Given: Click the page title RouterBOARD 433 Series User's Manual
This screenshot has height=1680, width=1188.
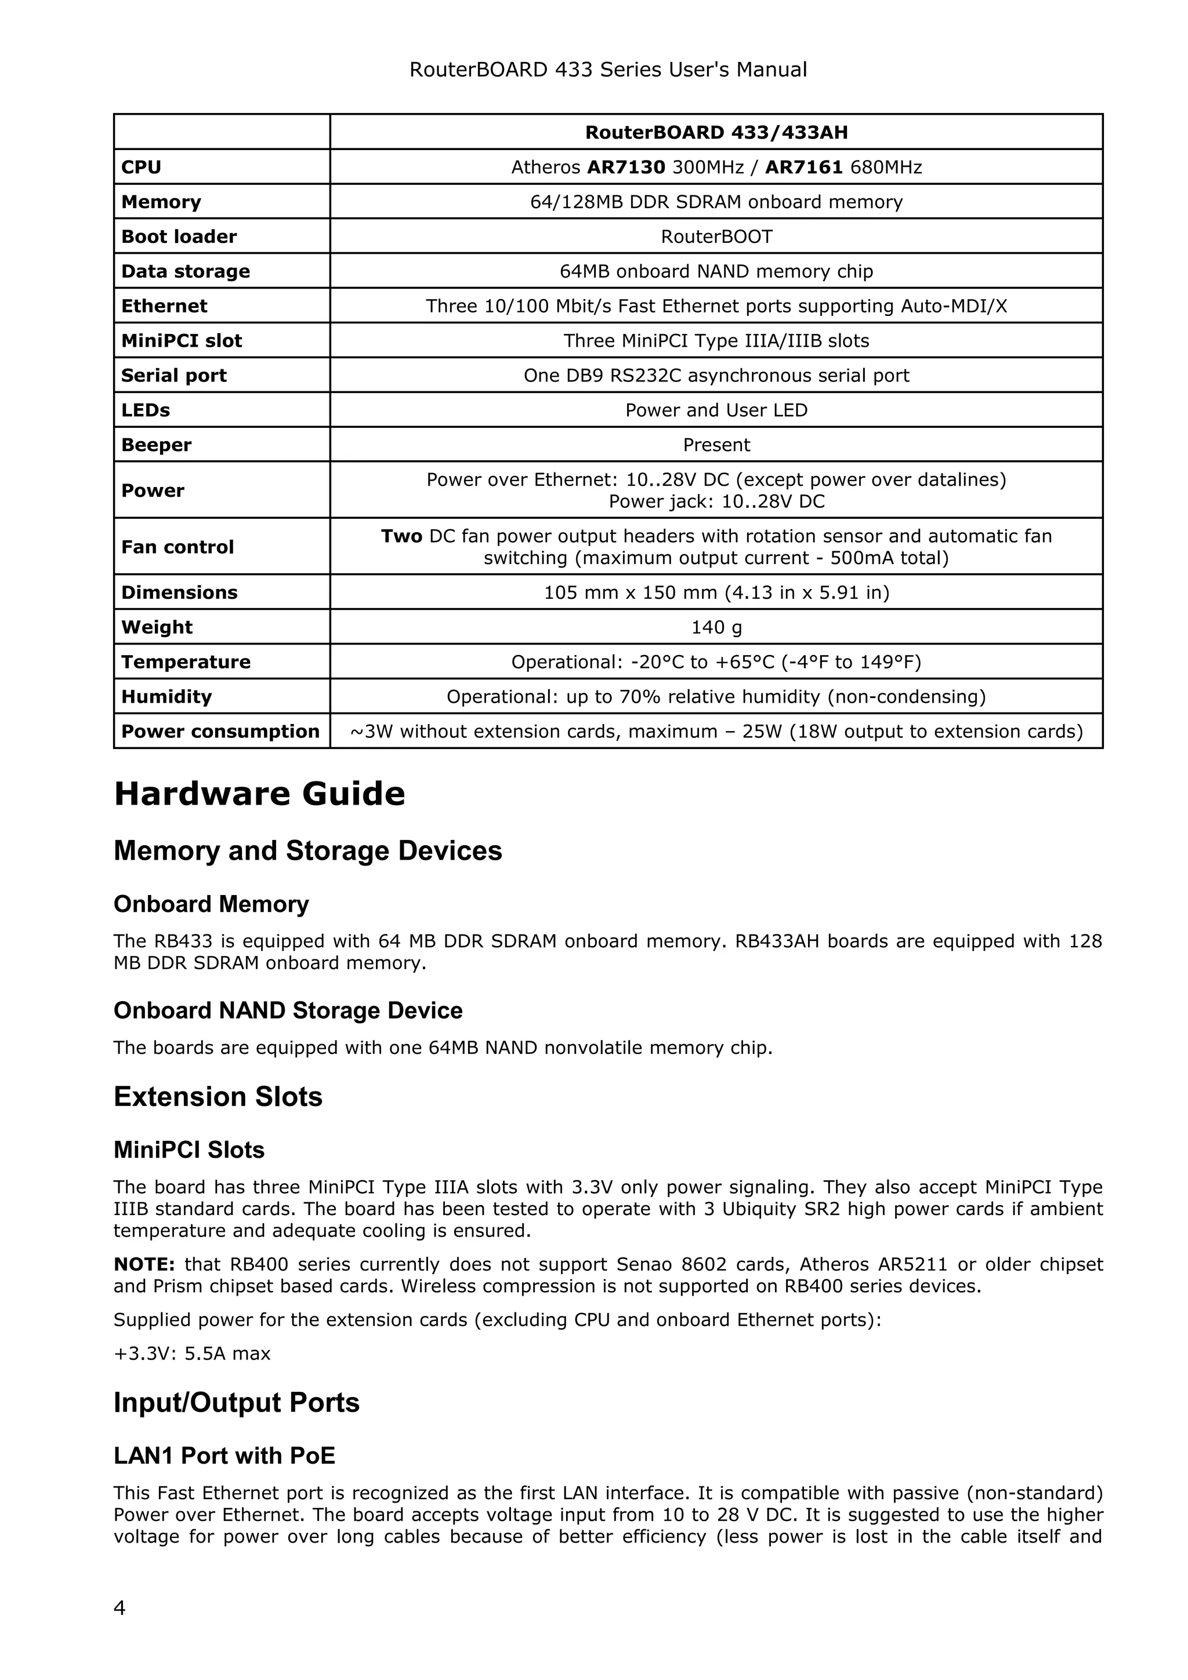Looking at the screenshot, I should click(x=607, y=70).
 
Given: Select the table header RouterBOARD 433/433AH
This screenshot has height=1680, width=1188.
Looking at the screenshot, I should click(x=716, y=132).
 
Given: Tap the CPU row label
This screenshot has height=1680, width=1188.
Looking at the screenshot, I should click(x=142, y=167).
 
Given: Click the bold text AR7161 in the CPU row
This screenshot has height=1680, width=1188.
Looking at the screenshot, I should click(x=804, y=167).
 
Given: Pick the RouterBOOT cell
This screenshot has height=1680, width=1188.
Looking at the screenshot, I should click(x=716, y=237).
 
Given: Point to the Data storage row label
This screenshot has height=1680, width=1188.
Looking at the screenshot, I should click(x=185, y=271).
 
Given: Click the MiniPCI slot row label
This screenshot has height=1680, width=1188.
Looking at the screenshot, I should click(x=182, y=341).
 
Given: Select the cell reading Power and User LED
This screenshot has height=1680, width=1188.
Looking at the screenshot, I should click(x=716, y=410).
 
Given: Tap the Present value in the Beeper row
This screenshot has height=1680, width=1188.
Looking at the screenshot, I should click(x=716, y=445).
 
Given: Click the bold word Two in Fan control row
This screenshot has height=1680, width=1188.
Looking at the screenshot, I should click(x=401, y=536).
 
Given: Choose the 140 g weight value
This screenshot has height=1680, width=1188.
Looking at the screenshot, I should click(x=716, y=627).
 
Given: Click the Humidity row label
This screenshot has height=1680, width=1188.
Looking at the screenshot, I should click(x=166, y=697).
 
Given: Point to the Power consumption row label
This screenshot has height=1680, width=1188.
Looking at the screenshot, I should click(x=220, y=732).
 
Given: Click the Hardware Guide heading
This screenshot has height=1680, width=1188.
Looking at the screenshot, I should click(x=259, y=794).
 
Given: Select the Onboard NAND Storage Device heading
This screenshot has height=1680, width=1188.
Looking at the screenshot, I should click(x=288, y=1010).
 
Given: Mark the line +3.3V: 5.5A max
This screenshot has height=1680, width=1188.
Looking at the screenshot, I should click(x=192, y=1354).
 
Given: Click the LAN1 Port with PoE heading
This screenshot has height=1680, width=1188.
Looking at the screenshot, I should click(x=224, y=1456).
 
